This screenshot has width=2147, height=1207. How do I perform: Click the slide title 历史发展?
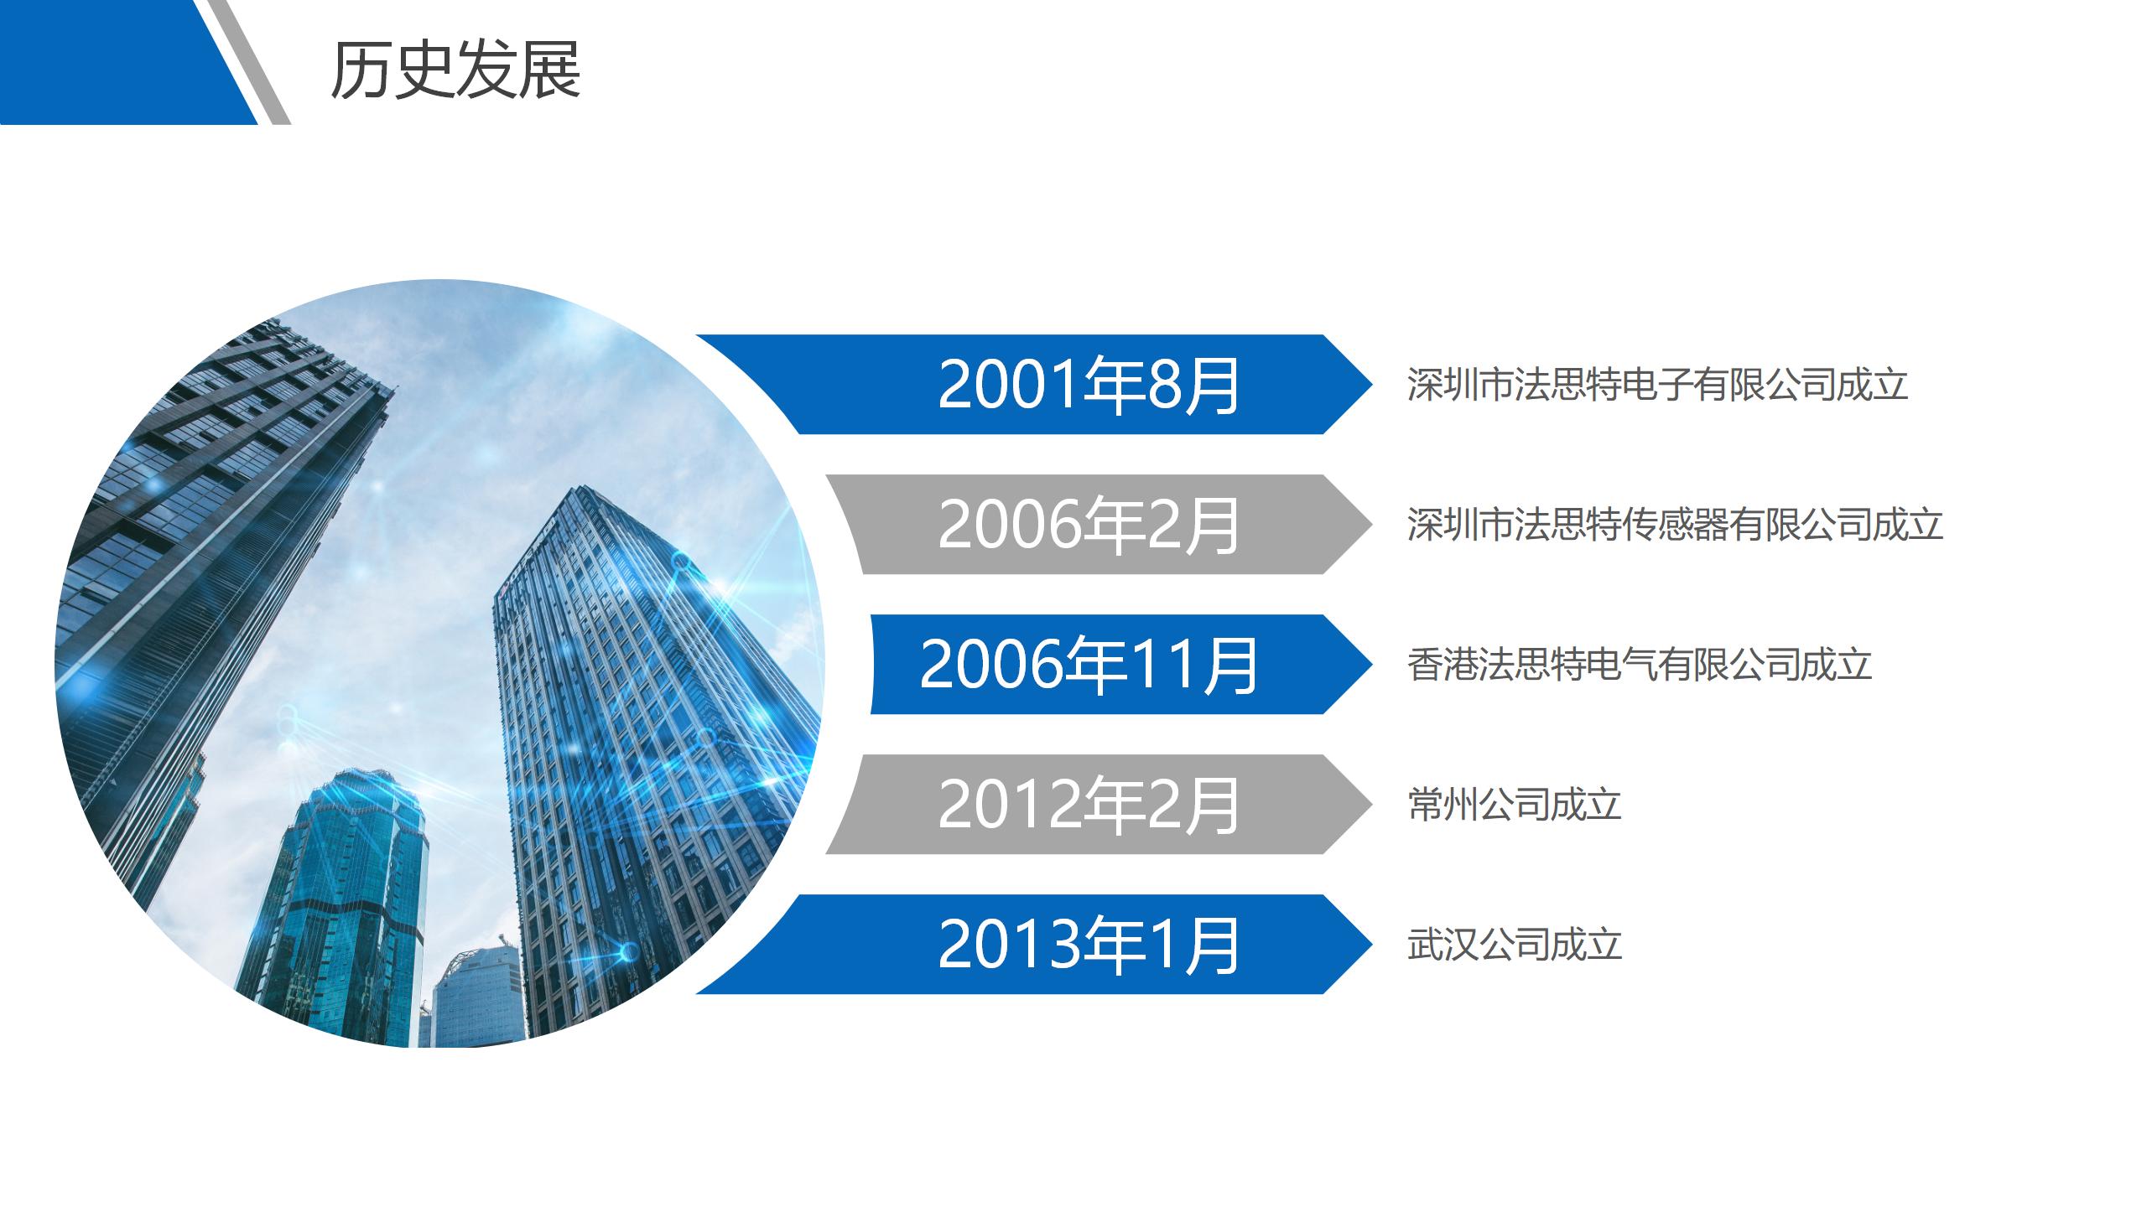tap(455, 70)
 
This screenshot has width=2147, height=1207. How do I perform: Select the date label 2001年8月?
tap(1089, 385)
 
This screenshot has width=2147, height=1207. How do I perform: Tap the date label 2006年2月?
tap(1089, 525)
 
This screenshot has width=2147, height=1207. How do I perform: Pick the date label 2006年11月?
tap(1089, 665)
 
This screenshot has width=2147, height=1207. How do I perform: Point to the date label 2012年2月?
tap(1089, 805)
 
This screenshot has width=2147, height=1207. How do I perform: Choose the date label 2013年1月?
tap(1089, 945)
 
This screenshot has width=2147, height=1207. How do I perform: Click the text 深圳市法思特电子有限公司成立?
tap(1657, 385)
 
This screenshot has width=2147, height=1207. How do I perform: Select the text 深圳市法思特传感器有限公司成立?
tap(1675, 525)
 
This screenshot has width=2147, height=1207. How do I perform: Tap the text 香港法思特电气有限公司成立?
tap(1640, 665)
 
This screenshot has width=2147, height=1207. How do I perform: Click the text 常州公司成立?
tap(1515, 805)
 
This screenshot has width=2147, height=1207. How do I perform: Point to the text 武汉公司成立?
tap(1515, 945)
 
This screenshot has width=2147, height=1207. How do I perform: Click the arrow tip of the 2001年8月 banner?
tap(1371, 385)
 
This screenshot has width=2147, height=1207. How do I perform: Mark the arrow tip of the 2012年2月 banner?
tap(1371, 805)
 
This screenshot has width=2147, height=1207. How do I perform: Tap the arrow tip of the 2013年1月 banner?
tap(1371, 945)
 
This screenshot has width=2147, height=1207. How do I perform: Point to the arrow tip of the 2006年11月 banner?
tap(1371, 665)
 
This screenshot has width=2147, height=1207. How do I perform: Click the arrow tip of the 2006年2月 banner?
tap(1371, 525)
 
